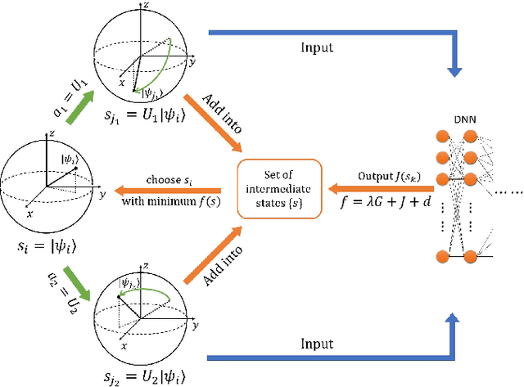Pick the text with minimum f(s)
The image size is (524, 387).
point(167,200)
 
